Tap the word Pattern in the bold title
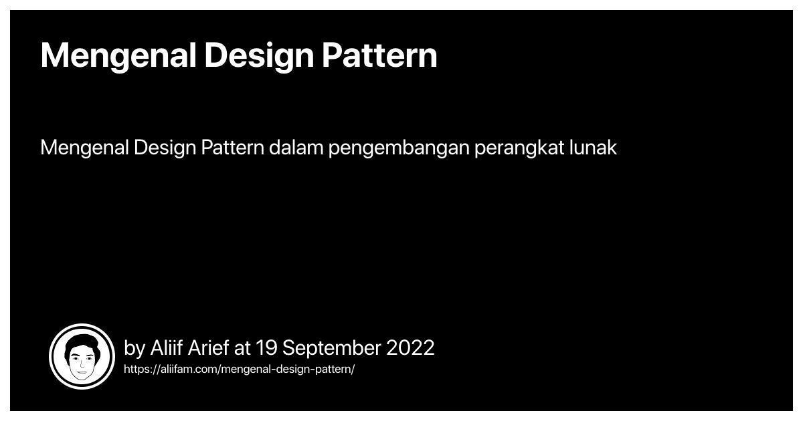point(379,55)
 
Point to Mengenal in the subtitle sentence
point(84,148)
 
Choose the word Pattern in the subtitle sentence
point(233,148)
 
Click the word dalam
point(296,148)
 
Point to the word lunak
point(593,148)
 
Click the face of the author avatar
point(82,363)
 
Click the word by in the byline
point(135,348)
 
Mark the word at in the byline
point(243,348)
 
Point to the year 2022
point(410,347)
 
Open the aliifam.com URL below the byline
point(239,370)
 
